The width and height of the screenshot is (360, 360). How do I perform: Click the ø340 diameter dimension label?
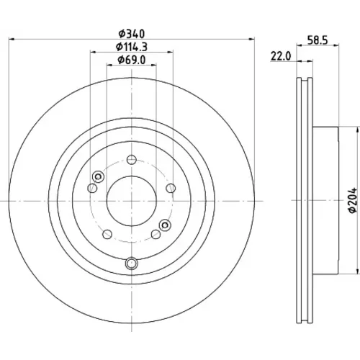coord(132,34)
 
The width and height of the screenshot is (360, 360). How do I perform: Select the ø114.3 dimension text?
coord(132,47)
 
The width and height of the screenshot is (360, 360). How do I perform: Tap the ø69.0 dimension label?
coord(132,60)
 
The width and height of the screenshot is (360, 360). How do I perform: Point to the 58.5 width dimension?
coord(318,40)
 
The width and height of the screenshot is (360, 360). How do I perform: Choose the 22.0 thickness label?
coord(281,57)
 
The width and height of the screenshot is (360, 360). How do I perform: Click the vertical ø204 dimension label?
coord(354,200)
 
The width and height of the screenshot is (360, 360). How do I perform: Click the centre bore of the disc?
coord(132,201)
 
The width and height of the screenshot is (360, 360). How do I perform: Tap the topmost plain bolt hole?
coord(132,160)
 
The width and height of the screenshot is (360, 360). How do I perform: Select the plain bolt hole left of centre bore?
coord(92,188)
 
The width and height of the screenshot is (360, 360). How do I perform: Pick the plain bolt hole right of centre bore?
coord(171,188)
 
